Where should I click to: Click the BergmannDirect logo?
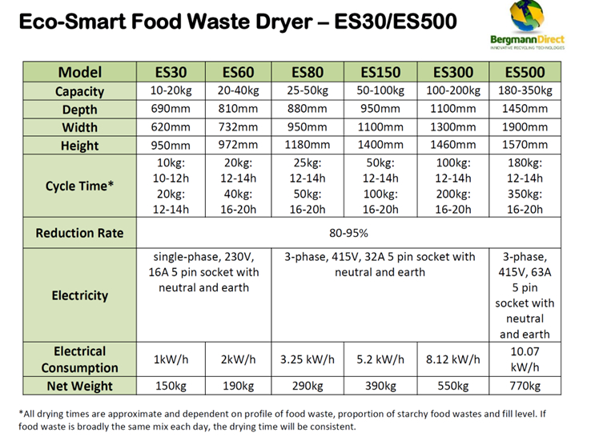point(526,26)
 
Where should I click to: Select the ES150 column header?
point(379,71)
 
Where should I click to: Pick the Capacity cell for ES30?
point(171,90)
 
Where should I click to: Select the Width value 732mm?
point(239,127)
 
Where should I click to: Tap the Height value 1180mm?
point(308,146)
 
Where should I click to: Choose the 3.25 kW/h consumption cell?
point(308,359)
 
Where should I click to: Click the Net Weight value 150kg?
point(171,387)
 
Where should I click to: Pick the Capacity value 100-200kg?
point(452,90)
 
